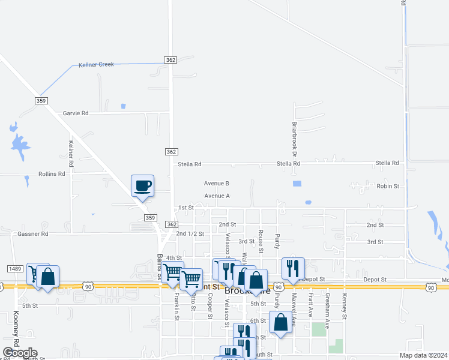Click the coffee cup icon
pos(143,185)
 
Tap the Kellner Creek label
pos(96,64)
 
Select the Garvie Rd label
pos(76,113)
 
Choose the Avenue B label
pos(217,184)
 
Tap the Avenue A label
pos(217,196)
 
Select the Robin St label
pos(388,187)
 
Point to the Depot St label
pos(313,280)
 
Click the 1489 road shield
pos(15,268)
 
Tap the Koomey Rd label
pos(16,328)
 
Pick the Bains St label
pos(160,266)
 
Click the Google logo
pos(20,353)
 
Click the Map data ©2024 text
pos(422,355)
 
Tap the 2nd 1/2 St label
pos(190,233)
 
